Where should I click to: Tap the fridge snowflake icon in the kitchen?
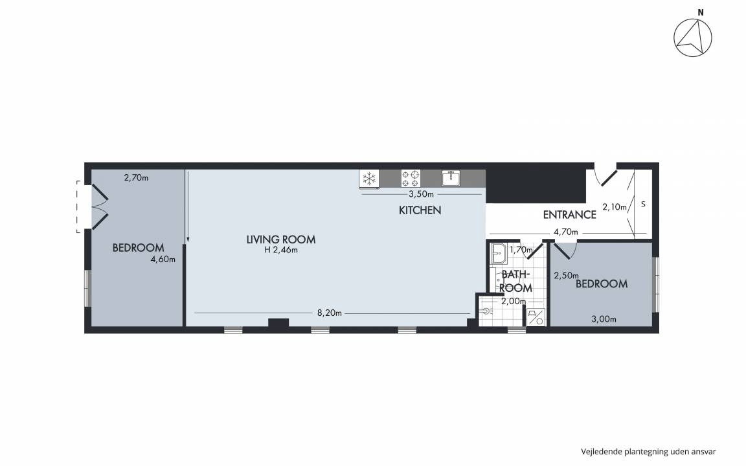coord(369,179)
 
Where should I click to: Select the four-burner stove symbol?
coord(411,179)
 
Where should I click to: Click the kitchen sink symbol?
coord(451,179)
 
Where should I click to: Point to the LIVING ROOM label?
coord(280,239)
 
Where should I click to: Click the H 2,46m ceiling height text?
coord(281,250)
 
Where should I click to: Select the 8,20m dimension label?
coord(330,313)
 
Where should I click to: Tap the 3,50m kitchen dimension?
coord(421,194)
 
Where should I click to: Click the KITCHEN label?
coord(420,210)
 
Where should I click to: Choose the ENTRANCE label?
coord(569,214)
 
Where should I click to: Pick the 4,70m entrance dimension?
coord(566,232)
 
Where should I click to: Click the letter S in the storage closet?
coord(643,204)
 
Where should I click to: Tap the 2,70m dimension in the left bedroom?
coord(136,178)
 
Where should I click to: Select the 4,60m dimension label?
coord(163,260)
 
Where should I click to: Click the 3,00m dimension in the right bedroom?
coord(604,320)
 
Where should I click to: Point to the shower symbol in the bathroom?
coord(536,317)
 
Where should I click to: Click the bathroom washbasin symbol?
coord(499,254)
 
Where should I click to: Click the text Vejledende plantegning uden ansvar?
coord(648,452)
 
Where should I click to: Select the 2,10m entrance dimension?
coord(615,207)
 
